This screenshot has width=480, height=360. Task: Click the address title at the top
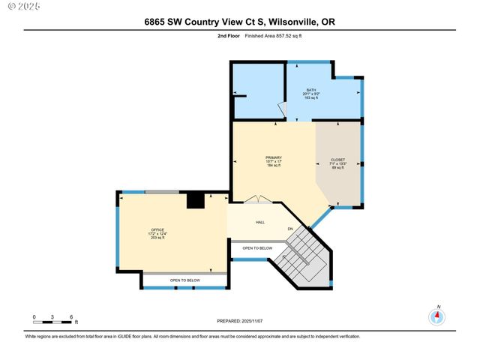[x=239, y=22]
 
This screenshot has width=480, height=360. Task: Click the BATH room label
[x=311, y=90]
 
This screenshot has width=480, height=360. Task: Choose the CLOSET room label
[x=338, y=160]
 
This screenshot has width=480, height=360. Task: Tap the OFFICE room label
[x=157, y=229]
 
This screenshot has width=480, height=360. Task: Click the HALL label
[x=260, y=222]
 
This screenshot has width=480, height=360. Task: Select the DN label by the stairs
[x=289, y=229]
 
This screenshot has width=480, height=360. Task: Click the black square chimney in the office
[x=195, y=200]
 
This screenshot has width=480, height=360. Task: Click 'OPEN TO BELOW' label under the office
[x=184, y=280]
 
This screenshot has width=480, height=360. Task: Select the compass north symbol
[x=436, y=316]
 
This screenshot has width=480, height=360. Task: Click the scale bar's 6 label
[x=70, y=316]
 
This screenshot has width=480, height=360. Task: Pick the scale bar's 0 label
[x=34, y=316]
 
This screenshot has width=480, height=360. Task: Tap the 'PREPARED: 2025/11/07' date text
[x=239, y=320]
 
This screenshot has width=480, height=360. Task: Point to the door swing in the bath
[x=281, y=108]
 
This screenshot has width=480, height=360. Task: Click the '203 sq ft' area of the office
[x=157, y=238]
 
